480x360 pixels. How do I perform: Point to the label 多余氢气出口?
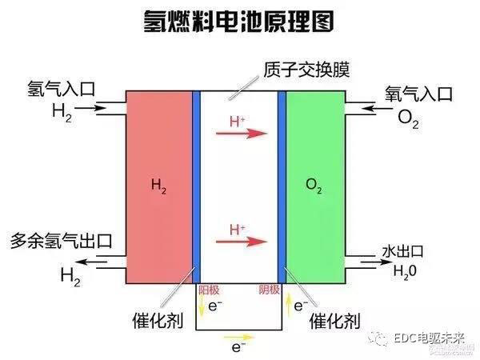[x=60, y=240]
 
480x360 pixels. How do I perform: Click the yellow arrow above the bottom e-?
[x=237, y=336]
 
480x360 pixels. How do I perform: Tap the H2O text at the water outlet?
[x=404, y=270]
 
